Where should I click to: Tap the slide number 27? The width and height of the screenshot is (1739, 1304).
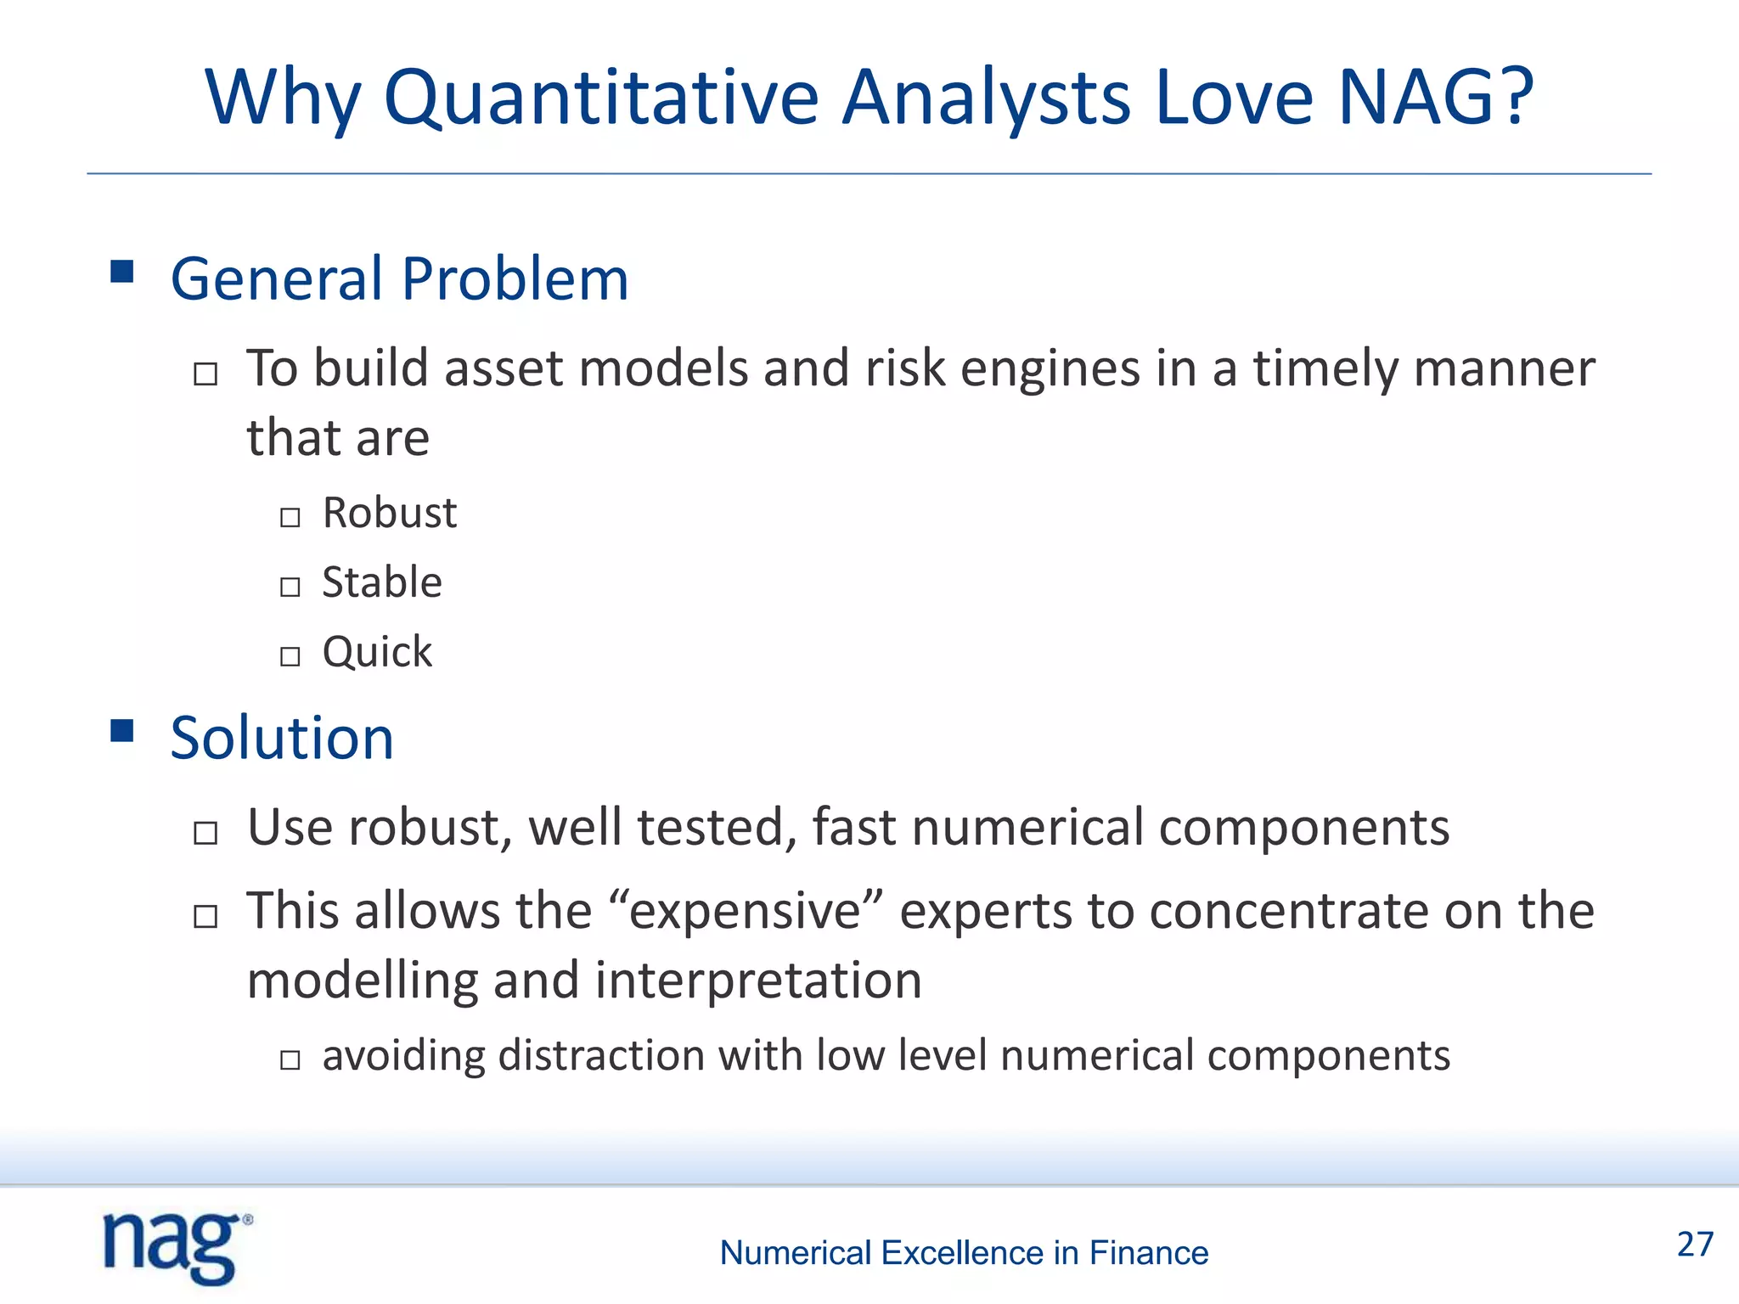[1695, 1245]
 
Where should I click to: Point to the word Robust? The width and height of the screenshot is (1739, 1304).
[390, 513]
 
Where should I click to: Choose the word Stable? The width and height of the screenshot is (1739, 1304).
[382, 582]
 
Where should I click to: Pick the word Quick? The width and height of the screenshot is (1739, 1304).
[377, 652]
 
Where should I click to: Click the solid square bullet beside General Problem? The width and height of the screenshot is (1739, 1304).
[122, 272]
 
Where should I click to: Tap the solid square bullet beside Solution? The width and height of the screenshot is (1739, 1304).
[122, 730]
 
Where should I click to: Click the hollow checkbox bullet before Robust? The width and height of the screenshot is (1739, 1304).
[290, 517]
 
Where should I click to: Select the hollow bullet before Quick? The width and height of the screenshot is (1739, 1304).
[290, 656]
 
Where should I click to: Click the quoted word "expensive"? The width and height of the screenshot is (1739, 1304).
[746, 910]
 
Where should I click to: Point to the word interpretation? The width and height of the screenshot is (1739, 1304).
[757, 980]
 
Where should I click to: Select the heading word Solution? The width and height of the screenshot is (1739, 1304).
[282, 737]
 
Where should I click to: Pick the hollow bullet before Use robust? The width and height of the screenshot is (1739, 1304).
[205, 833]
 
